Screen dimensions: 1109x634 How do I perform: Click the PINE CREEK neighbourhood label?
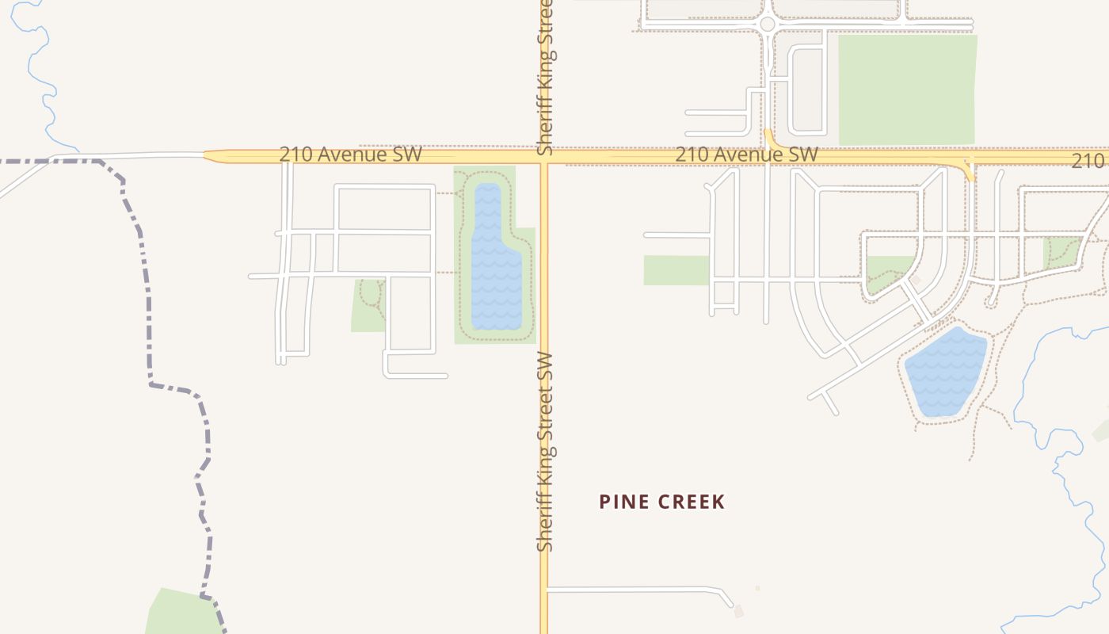662,502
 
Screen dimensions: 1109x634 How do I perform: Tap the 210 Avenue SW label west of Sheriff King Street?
350,154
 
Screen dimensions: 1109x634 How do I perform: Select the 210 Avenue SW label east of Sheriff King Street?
746,154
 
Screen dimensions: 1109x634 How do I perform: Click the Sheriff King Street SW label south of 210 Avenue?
544,452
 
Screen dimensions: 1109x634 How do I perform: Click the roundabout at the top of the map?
767,25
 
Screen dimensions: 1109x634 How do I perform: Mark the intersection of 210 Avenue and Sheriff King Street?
544,156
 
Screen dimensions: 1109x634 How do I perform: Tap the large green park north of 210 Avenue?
906,90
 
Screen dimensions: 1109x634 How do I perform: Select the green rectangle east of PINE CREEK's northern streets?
676,270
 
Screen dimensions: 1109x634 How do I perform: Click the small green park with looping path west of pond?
368,305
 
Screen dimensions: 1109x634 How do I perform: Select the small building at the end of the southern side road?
739,611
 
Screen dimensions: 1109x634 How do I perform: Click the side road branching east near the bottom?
634,590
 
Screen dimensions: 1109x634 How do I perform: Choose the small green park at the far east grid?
1061,251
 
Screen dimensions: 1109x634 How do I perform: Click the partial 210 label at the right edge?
1089,161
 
